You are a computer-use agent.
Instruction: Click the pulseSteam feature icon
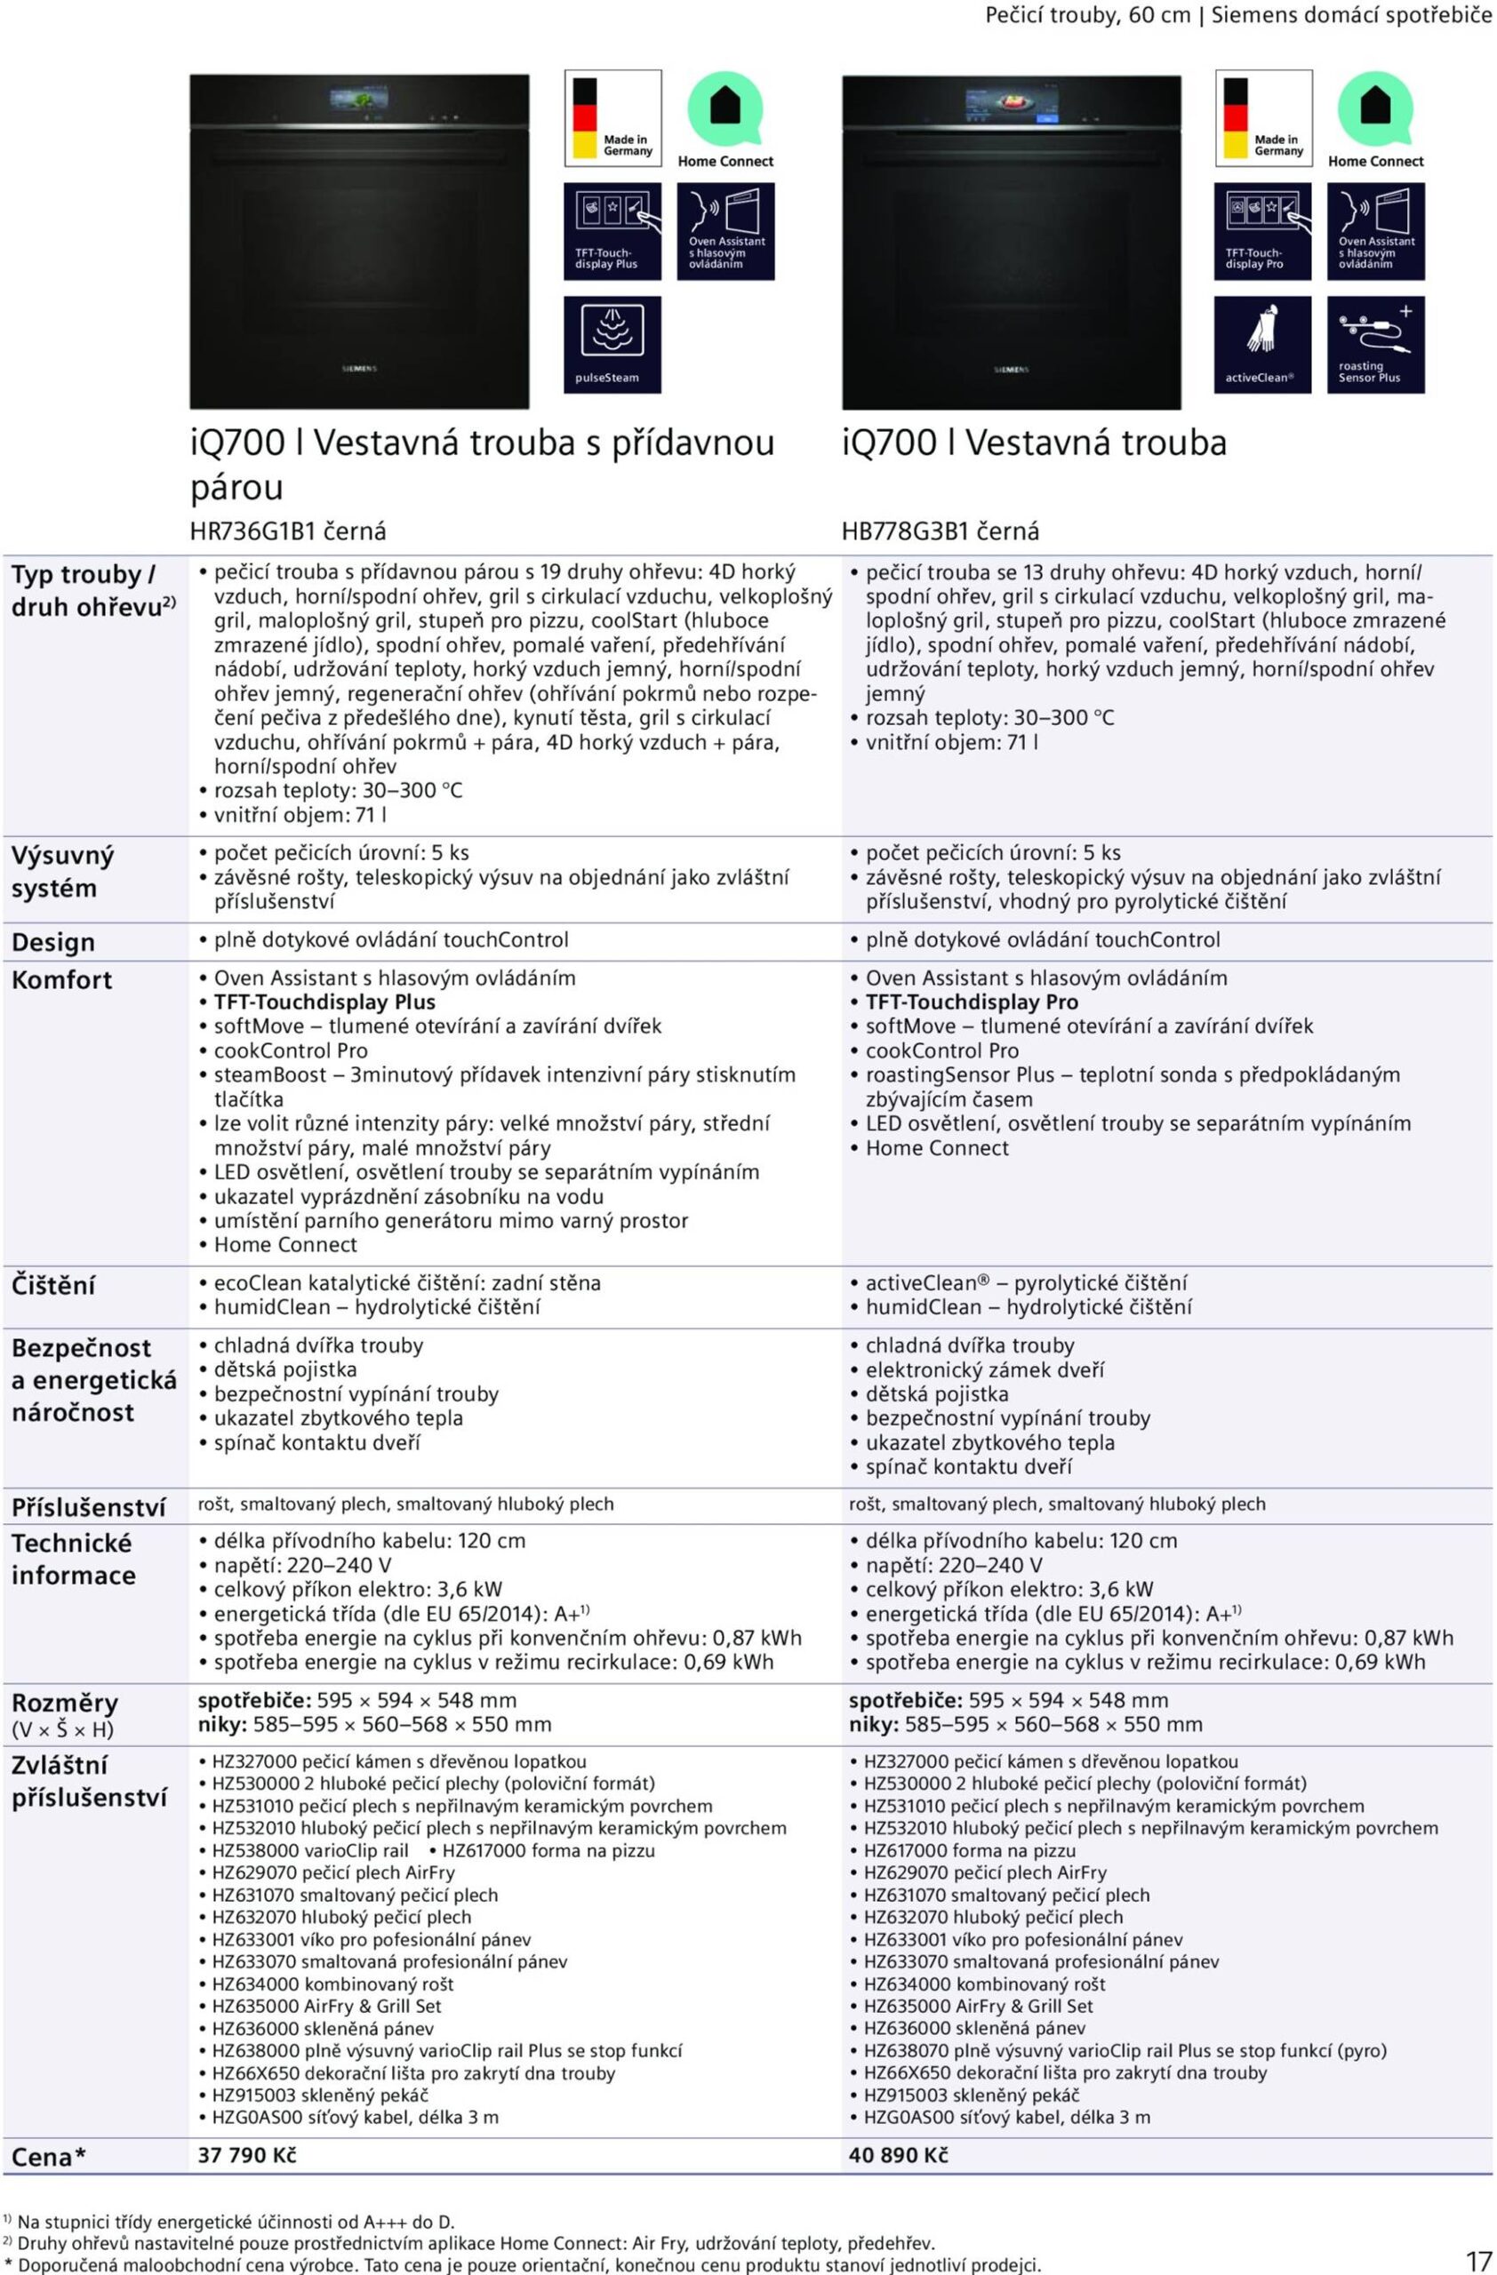coord(612,344)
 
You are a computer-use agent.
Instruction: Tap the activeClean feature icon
coord(1261,344)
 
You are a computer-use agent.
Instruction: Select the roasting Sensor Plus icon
coord(1375,344)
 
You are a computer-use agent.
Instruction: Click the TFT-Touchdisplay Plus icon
coord(612,231)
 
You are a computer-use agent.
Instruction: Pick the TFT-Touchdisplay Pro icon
coord(1261,231)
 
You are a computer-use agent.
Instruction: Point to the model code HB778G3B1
coord(905,531)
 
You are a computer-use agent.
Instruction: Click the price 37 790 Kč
coord(246,2154)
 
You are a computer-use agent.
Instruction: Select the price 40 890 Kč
coord(899,2154)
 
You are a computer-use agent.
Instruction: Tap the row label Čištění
coord(53,1286)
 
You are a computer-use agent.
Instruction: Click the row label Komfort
coord(61,980)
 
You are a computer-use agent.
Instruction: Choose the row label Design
coord(53,943)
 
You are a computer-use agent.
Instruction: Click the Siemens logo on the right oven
coord(1011,369)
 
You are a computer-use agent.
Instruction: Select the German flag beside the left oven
coord(584,117)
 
